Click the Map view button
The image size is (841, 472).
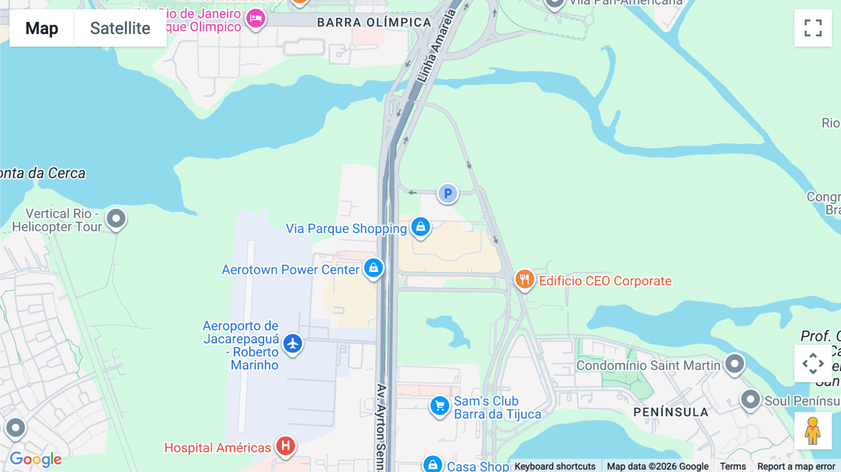pos(42,28)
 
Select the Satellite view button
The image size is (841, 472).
pos(120,28)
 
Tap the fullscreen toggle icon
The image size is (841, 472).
pos(813,28)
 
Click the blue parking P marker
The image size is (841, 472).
pos(448,193)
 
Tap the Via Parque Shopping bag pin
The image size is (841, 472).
pos(420,227)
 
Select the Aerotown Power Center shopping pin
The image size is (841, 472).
pos(373,268)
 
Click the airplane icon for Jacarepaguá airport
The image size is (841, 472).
pos(293,344)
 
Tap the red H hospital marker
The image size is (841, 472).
pos(285,446)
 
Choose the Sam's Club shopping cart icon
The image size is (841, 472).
pos(439,406)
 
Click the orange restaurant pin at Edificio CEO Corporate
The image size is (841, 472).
pos(524,279)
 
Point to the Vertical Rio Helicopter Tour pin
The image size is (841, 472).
pos(116,218)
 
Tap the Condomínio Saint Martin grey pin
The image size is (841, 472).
pos(734,364)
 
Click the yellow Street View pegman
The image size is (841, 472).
pos(812,431)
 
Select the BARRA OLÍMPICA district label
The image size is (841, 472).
pos(374,22)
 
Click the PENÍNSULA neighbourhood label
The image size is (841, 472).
pos(670,412)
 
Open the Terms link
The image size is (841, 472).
pos(733,466)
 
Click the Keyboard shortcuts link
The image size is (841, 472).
pos(555,466)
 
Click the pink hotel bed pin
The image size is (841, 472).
pos(256,19)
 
